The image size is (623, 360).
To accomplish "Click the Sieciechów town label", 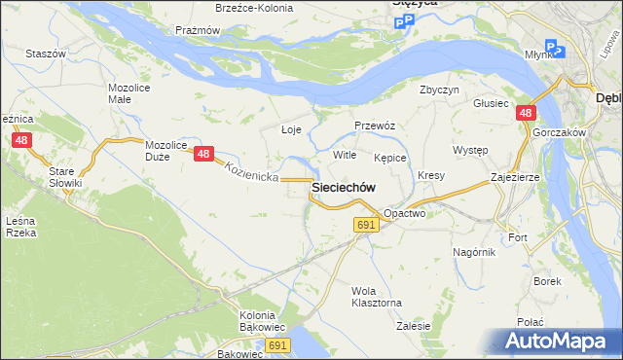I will [344, 186].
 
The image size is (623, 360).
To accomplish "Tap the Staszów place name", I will [45, 54].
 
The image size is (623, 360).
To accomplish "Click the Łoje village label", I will [291, 129].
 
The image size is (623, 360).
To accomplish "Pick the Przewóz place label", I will [374, 126].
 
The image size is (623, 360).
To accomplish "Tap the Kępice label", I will [389, 157].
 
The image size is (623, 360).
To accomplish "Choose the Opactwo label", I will [404, 212].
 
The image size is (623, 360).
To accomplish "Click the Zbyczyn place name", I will [439, 90].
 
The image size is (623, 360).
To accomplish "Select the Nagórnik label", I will [474, 252].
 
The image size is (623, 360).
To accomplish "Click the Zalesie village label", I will [414, 327].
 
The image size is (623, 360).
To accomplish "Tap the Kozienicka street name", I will [251, 172].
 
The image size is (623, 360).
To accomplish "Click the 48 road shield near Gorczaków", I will [525, 114].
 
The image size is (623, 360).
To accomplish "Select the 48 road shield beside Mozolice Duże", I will [203, 154].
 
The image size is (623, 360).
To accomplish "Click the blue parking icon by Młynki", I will [552, 47].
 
